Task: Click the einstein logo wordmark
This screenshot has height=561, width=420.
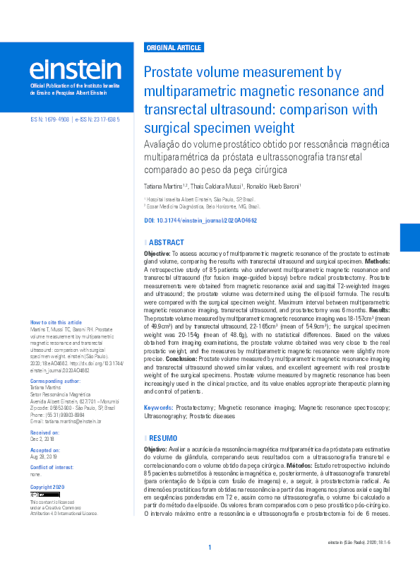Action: [x=75, y=70]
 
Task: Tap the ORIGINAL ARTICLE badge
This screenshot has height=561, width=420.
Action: [x=173, y=48]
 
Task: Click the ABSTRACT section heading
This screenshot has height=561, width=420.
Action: [x=167, y=242]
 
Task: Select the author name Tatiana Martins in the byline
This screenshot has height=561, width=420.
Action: [x=166, y=186]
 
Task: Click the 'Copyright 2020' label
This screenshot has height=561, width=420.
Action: [x=47, y=488]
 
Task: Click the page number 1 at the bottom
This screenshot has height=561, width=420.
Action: [x=210, y=548]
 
